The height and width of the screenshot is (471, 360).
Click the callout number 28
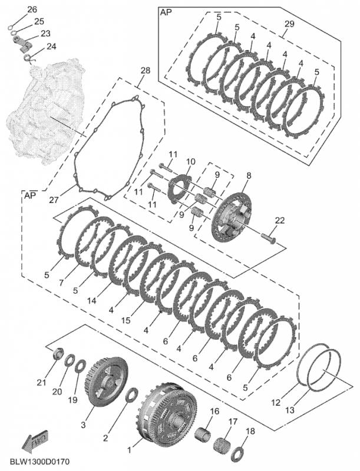coord(145,71)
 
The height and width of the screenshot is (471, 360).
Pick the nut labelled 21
coord(58,355)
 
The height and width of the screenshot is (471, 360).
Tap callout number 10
coord(190,162)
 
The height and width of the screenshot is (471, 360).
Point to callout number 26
coord(32,9)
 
